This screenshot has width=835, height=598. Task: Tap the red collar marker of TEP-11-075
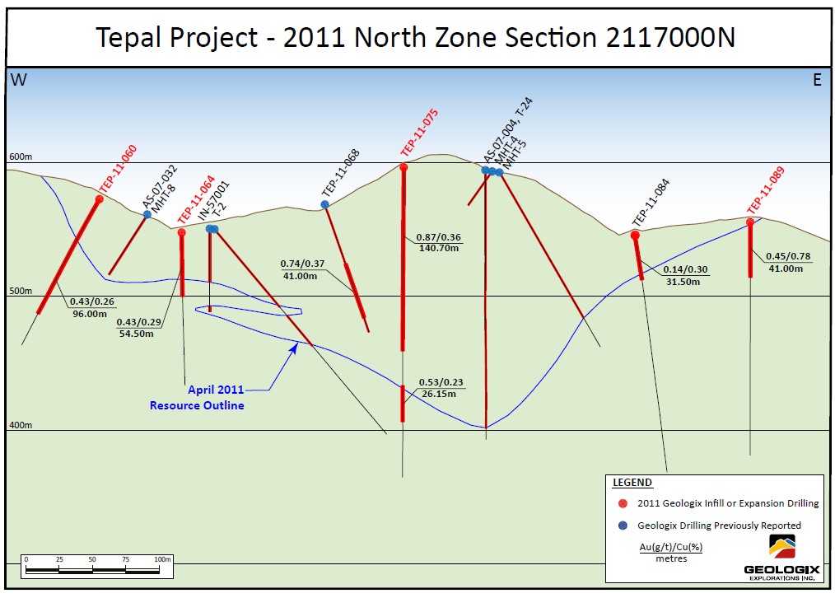coord(404,167)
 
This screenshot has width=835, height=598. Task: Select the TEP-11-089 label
coord(765,190)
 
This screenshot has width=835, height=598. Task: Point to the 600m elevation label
coord(21,157)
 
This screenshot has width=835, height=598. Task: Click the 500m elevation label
coord(21,291)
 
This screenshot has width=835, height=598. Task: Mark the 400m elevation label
coord(21,425)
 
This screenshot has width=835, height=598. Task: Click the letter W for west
coord(18,79)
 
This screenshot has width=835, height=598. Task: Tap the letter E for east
coord(817,80)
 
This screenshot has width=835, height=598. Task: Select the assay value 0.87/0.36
coord(439,238)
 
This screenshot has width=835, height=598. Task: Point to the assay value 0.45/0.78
coord(788,256)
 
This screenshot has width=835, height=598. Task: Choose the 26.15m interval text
coord(441,394)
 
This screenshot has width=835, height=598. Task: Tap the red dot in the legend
coord(623,503)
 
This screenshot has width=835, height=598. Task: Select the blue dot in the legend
coord(623,526)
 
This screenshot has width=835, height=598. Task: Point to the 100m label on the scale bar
coord(162,558)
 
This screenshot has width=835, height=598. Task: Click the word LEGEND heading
coord(632,483)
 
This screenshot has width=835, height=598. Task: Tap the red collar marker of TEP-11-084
coord(635,236)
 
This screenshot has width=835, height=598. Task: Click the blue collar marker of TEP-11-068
coord(325,204)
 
